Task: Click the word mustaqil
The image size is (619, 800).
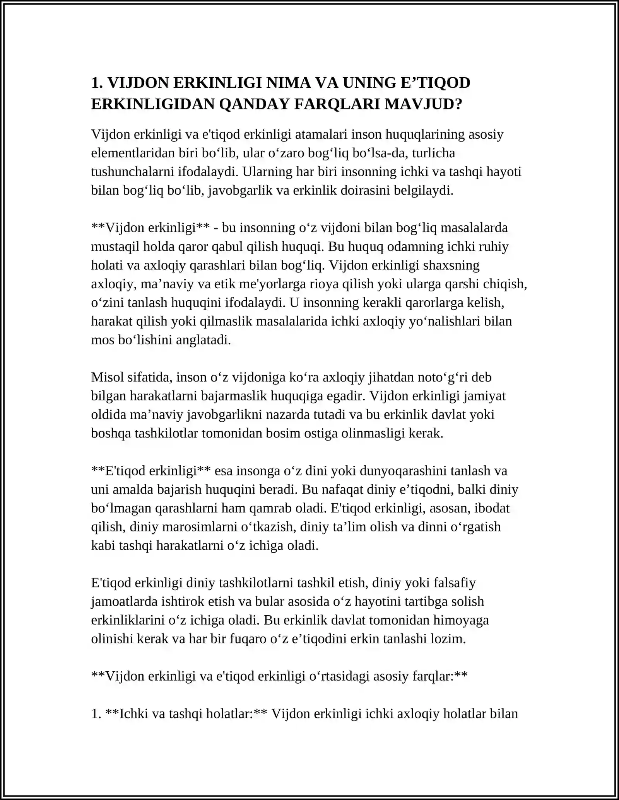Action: click(x=116, y=247)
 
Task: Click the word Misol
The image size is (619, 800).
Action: click(x=108, y=377)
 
